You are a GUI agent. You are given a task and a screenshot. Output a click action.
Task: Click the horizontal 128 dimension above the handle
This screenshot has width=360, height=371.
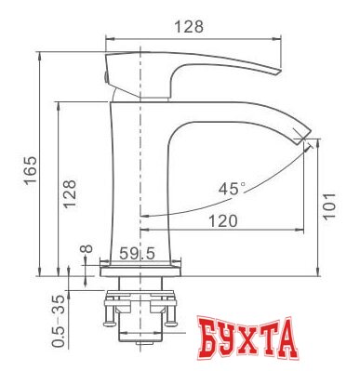pyautogui.click(x=189, y=27)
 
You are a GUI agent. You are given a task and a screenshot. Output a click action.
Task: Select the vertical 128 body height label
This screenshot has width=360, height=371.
pyautogui.click(x=69, y=193)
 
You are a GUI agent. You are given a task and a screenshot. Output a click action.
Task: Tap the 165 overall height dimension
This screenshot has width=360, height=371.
pyautogui.click(x=31, y=170)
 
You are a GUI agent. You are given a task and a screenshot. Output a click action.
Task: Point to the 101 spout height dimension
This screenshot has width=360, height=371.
pyautogui.click(x=329, y=206)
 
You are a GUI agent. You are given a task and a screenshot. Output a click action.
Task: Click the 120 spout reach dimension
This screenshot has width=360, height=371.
pyautogui.click(x=223, y=221)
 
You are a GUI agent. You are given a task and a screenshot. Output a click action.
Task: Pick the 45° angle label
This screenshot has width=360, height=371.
pyautogui.click(x=232, y=189)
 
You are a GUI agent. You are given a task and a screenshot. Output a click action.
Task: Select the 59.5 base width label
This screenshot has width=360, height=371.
pyautogui.click(x=137, y=254)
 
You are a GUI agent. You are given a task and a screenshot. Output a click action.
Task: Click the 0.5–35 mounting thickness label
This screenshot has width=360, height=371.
pyautogui.click(x=59, y=321)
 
